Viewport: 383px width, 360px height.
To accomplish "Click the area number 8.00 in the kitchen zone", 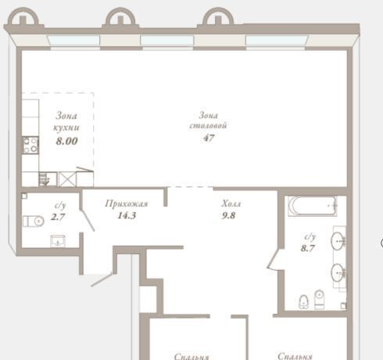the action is (x=67, y=141).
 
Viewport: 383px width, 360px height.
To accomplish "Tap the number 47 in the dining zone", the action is (x=209, y=138).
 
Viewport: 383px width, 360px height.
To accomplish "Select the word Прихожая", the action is (x=127, y=203).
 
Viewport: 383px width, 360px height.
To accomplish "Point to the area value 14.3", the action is (x=127, y=215).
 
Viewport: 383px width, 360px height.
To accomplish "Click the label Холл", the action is (x=231, y=203).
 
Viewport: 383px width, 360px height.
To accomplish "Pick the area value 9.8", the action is (x=229, y=215).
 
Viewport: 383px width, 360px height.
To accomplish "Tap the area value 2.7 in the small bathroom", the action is (x=58, y=217).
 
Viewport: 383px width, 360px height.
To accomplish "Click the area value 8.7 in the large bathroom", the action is (x=308, y=248).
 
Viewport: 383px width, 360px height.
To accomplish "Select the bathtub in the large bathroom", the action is (x=313, y=206).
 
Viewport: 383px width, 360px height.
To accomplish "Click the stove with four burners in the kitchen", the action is (x=30, y=145).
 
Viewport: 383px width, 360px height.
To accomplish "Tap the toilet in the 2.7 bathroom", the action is (x=33, y=221).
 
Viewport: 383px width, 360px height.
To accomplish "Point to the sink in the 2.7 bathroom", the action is (x=58, y=241).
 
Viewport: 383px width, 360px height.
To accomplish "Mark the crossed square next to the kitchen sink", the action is (x=67, y=179).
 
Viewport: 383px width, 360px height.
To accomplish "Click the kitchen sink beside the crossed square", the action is (x=48, y=179).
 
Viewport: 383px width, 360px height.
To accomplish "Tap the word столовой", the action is (x=208, y=126).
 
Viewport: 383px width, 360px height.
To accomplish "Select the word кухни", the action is (x=66, y=128).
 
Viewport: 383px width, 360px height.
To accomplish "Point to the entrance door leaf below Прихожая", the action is (x=102, y=279).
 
